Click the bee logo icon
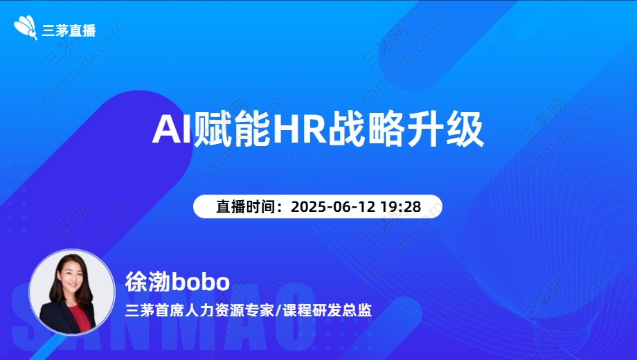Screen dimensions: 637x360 (26, 28)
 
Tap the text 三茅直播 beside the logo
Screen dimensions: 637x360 (69, 30)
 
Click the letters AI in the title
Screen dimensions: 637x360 (172, 129)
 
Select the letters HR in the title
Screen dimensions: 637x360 (300, 129)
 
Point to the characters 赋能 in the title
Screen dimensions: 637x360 (233, 129)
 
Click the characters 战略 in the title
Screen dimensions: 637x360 (366, 129)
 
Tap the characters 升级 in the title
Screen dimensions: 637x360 (445, 129)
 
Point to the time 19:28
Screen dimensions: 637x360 (400, 206)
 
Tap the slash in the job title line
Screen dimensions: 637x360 (278, 310)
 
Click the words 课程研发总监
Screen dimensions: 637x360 (327, 310)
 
